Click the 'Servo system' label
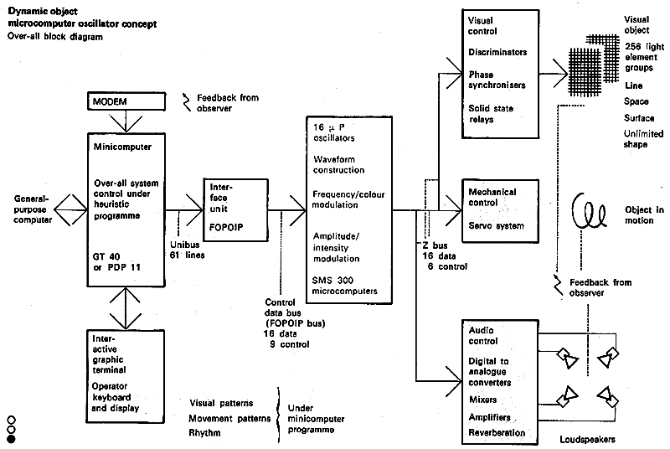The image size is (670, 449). pos(497,226)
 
